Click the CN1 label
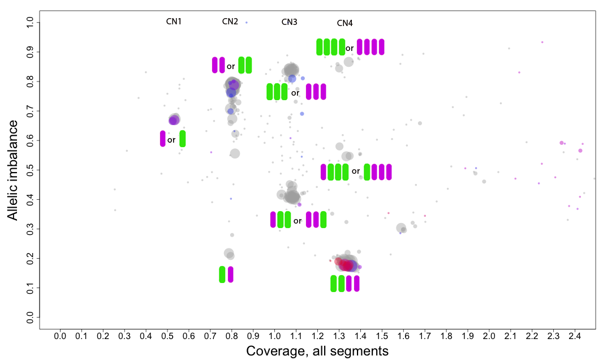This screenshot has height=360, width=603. click(174, 22)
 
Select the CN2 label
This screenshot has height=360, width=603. click(230, 22)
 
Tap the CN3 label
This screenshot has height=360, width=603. click(289, 22)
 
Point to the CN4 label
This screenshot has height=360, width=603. click(344, 23)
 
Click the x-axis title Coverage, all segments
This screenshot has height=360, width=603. click(317, 351)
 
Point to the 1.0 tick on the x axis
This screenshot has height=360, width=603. click(274, 336)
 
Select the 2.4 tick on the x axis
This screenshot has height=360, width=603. click(575, 336)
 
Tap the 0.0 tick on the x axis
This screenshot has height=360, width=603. click(60, 336)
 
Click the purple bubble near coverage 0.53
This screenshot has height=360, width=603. click(174, 120)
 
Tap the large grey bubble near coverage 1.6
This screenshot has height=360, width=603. click(401, 228)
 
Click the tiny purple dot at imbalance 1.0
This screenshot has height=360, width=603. click(247, 23)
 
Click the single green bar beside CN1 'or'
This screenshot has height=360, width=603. click(182, 139)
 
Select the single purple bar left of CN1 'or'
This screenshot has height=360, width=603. click(162, 139)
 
